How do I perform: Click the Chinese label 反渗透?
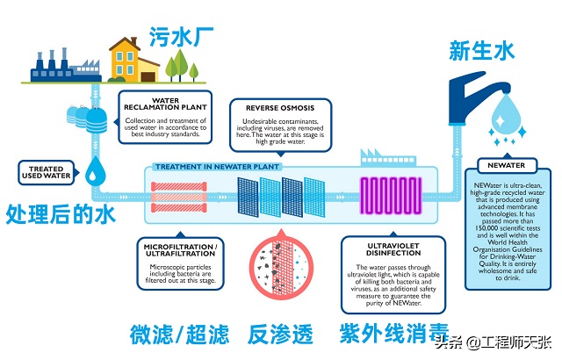pyautogui.click(x=280, y=335)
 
